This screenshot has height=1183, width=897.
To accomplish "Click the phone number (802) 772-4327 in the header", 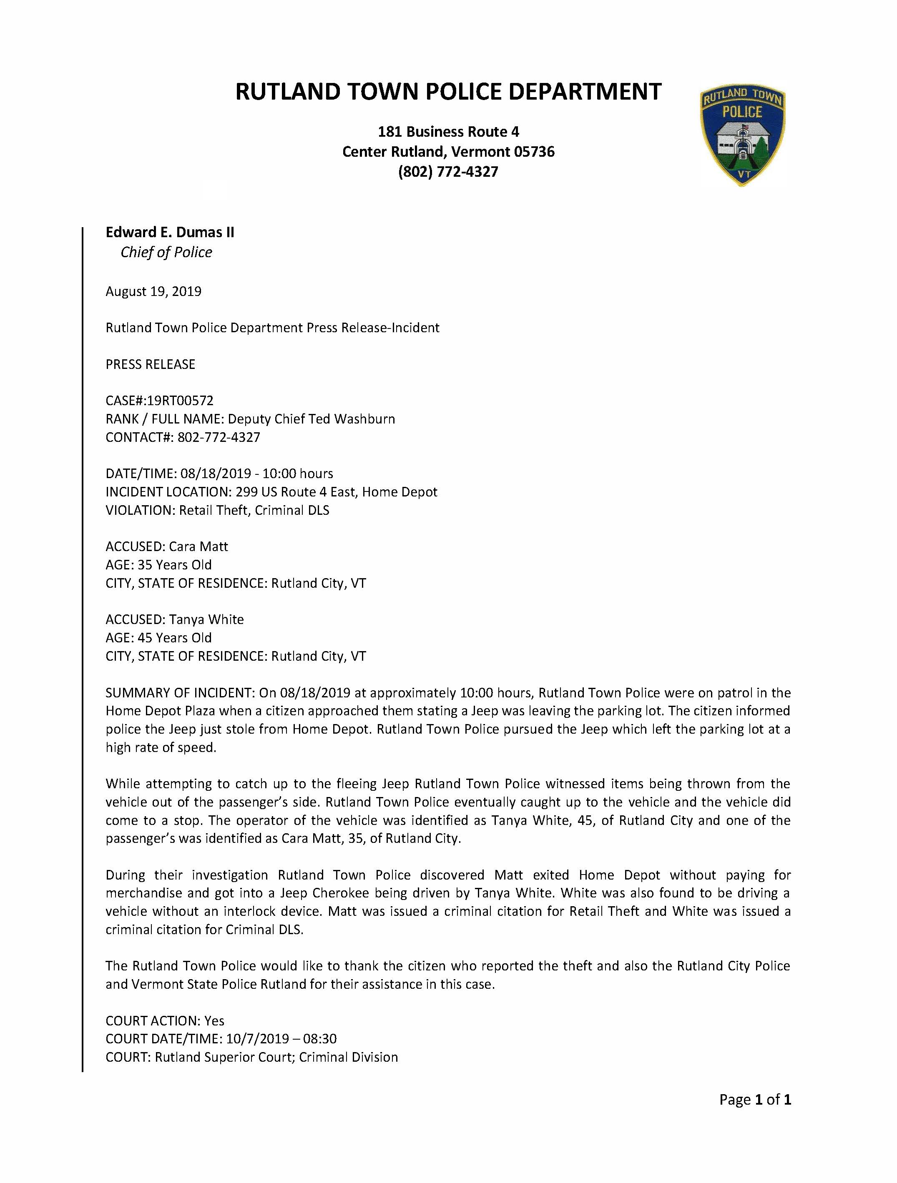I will pyautogui.click(x=448, y=172).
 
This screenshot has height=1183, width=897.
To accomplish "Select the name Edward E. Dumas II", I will pyautogui.click(x=170, y=232).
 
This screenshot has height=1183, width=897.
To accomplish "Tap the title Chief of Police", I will pyautogui.click(x=166, y=253).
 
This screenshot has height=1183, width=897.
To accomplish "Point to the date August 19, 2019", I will pyautogui.click(x=153, y=291).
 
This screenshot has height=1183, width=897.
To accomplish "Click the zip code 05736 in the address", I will pyautogui.click(x=534, y=152).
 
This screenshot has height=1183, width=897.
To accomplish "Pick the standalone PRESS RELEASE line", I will pyautogui.click(x=150, y=364).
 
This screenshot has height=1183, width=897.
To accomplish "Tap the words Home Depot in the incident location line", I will pyautogui.click(x=400, y=492).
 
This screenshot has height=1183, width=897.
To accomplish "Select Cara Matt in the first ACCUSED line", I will pyautogui.click(x=198, y=546).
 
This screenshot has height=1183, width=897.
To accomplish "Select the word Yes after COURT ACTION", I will pyautogui.click(x=214, y=1020).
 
